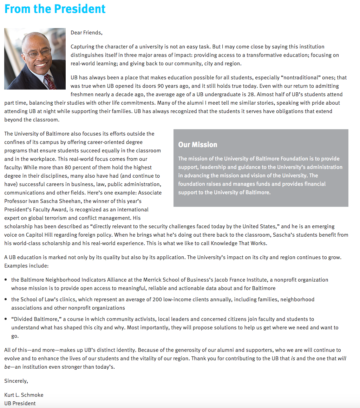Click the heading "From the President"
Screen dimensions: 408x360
tap(55, 8)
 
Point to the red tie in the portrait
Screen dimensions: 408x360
tap(50, 81)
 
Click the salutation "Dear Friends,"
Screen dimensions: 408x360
tap(86, 33)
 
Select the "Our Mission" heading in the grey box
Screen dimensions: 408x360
tap(198, 145)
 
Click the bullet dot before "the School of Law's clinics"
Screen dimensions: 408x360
tap(6, 300)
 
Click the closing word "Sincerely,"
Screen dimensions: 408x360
tap(16, 381)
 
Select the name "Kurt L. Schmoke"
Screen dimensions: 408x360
tap(24, 395)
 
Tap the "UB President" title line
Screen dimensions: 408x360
tap(20, 403)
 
